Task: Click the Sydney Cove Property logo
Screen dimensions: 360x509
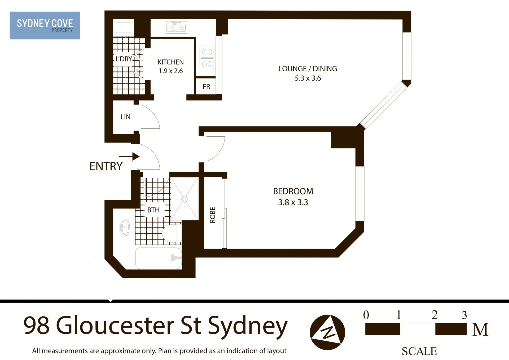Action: (x=45, y=25)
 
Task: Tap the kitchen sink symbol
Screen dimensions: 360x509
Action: (x=176, y=27)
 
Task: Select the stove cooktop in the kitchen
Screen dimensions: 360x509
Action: (x=207, y=58)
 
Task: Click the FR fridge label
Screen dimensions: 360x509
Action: (x=206, y=87)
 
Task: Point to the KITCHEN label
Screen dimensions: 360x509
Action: (x=170, y=62)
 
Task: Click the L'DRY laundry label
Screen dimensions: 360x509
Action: (x=124, y=59)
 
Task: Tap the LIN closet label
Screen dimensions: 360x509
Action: (x=125, y=117)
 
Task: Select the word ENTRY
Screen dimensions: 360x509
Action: (x=106, y=167)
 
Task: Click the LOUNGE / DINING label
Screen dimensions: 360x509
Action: (x=308, y=69)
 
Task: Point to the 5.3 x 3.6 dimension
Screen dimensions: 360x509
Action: (x=308, y=78)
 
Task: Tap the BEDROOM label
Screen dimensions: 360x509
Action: (x=293, y=191)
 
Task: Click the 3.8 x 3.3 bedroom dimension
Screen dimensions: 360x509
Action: (x=293, y=202)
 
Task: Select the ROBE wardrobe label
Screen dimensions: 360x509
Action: (x=213, y=215)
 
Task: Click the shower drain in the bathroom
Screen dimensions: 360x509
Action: (x=185, y=199)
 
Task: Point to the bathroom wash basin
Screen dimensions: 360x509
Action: (x=125, y=227)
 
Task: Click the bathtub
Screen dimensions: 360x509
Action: (x=158, y=258)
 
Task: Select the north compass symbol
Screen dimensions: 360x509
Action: (x=327, y=332)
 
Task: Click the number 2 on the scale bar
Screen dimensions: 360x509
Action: (x=435, y=315)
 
